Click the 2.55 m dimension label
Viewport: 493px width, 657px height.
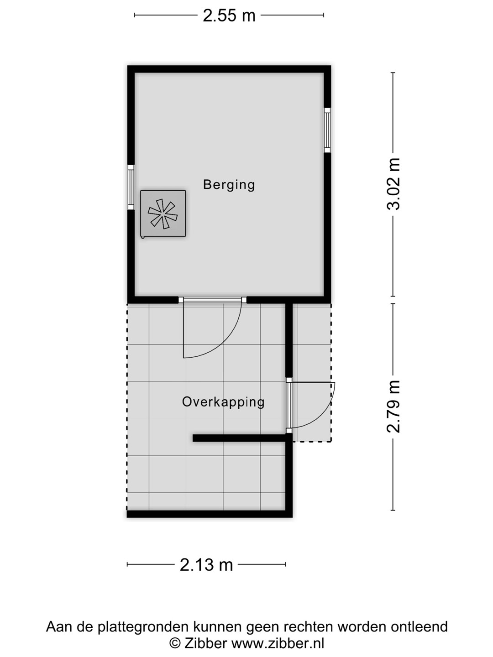tap(229, 16)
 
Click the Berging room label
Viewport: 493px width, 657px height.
tap(229, 185)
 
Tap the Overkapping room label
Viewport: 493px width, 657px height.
tap(223, 402)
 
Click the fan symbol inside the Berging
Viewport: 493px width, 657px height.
tap(163, 214)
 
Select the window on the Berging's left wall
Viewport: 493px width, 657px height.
tap(131, 187)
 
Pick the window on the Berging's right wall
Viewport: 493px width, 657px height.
tap(327, 130)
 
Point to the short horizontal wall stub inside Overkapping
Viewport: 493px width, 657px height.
tap(240, 438)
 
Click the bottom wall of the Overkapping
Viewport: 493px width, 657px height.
tap(210, 514)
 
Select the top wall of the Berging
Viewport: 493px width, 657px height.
tap(229, 69)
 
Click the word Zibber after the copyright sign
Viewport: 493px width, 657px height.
tap(205, 643)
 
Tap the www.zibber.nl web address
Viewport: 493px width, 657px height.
tap(278, 643)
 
